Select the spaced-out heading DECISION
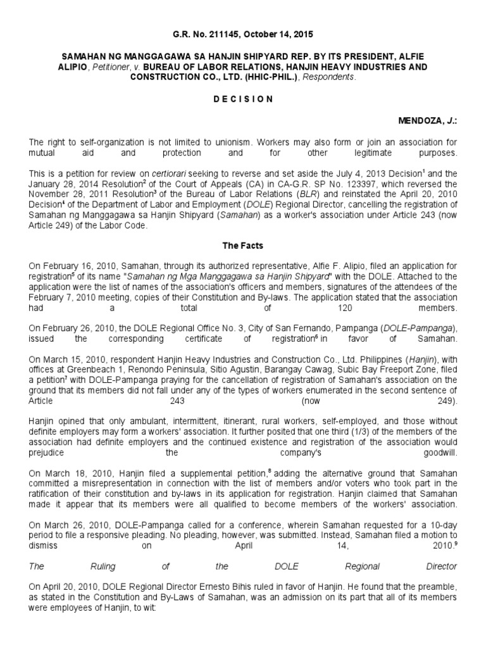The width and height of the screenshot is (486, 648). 242,99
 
